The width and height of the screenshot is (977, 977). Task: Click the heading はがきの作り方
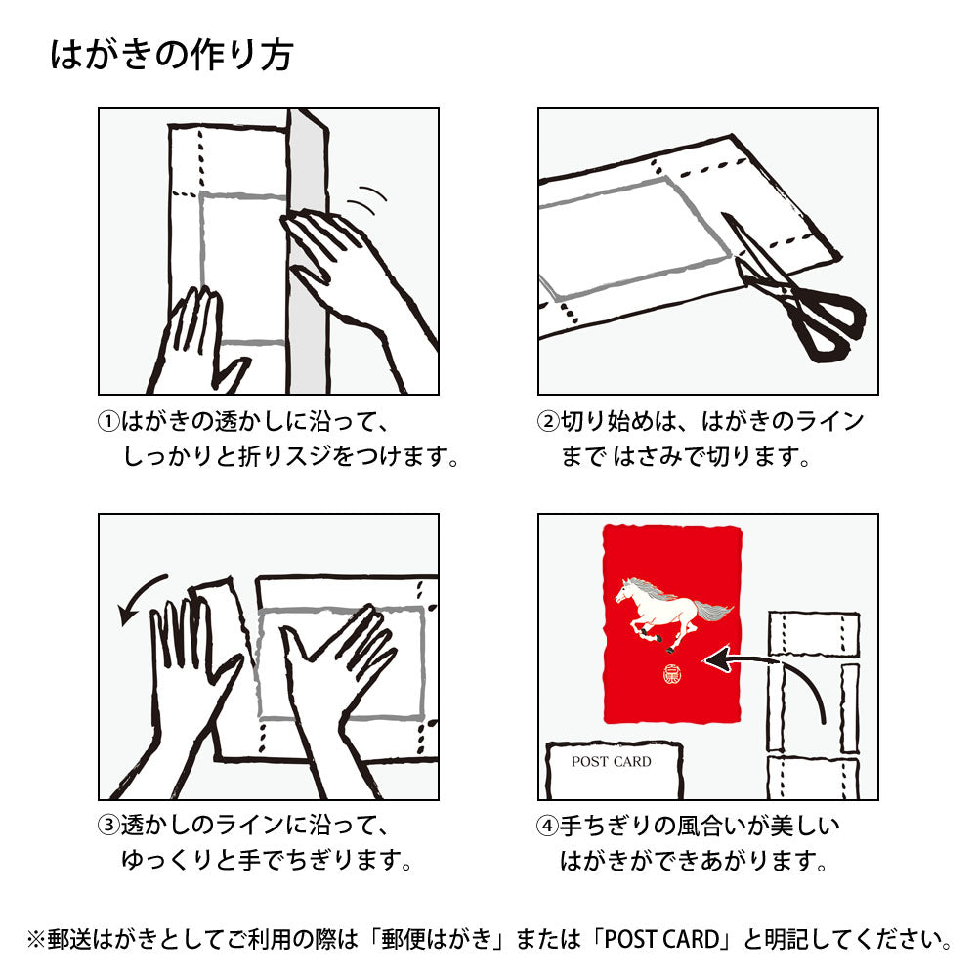pyautogui.click(x=172, y=55)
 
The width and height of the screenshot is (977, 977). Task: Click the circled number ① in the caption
pyautogui.click(x=109, y=422)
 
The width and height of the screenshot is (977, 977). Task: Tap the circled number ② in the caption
pyautogui.click(x=548, y=422)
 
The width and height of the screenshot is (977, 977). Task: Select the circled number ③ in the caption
pyautogui.click(x=109, y=825)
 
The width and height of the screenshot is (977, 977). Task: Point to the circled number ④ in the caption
pyautogui.click(x=548, y=827)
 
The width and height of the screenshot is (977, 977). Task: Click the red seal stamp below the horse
pyautogui.click(x=672, y=675)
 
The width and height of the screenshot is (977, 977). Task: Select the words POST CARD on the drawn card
pyautogui.click(x=612, y=761)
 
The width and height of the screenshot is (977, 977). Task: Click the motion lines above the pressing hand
pyautogui.click(x=367, y=199)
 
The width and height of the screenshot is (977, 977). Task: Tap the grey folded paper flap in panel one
pyautogui.click(x=308, y=249)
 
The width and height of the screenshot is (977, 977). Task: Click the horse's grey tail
pyautogui.click(x=714, y=611)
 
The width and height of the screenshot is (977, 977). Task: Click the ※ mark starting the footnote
pyautogui.click(x=36, y=940)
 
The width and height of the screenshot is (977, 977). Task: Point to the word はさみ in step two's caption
pyautogui.click(x=648, y=457)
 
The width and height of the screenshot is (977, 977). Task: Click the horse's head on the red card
pyautogui.click(x=626, y=589)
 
